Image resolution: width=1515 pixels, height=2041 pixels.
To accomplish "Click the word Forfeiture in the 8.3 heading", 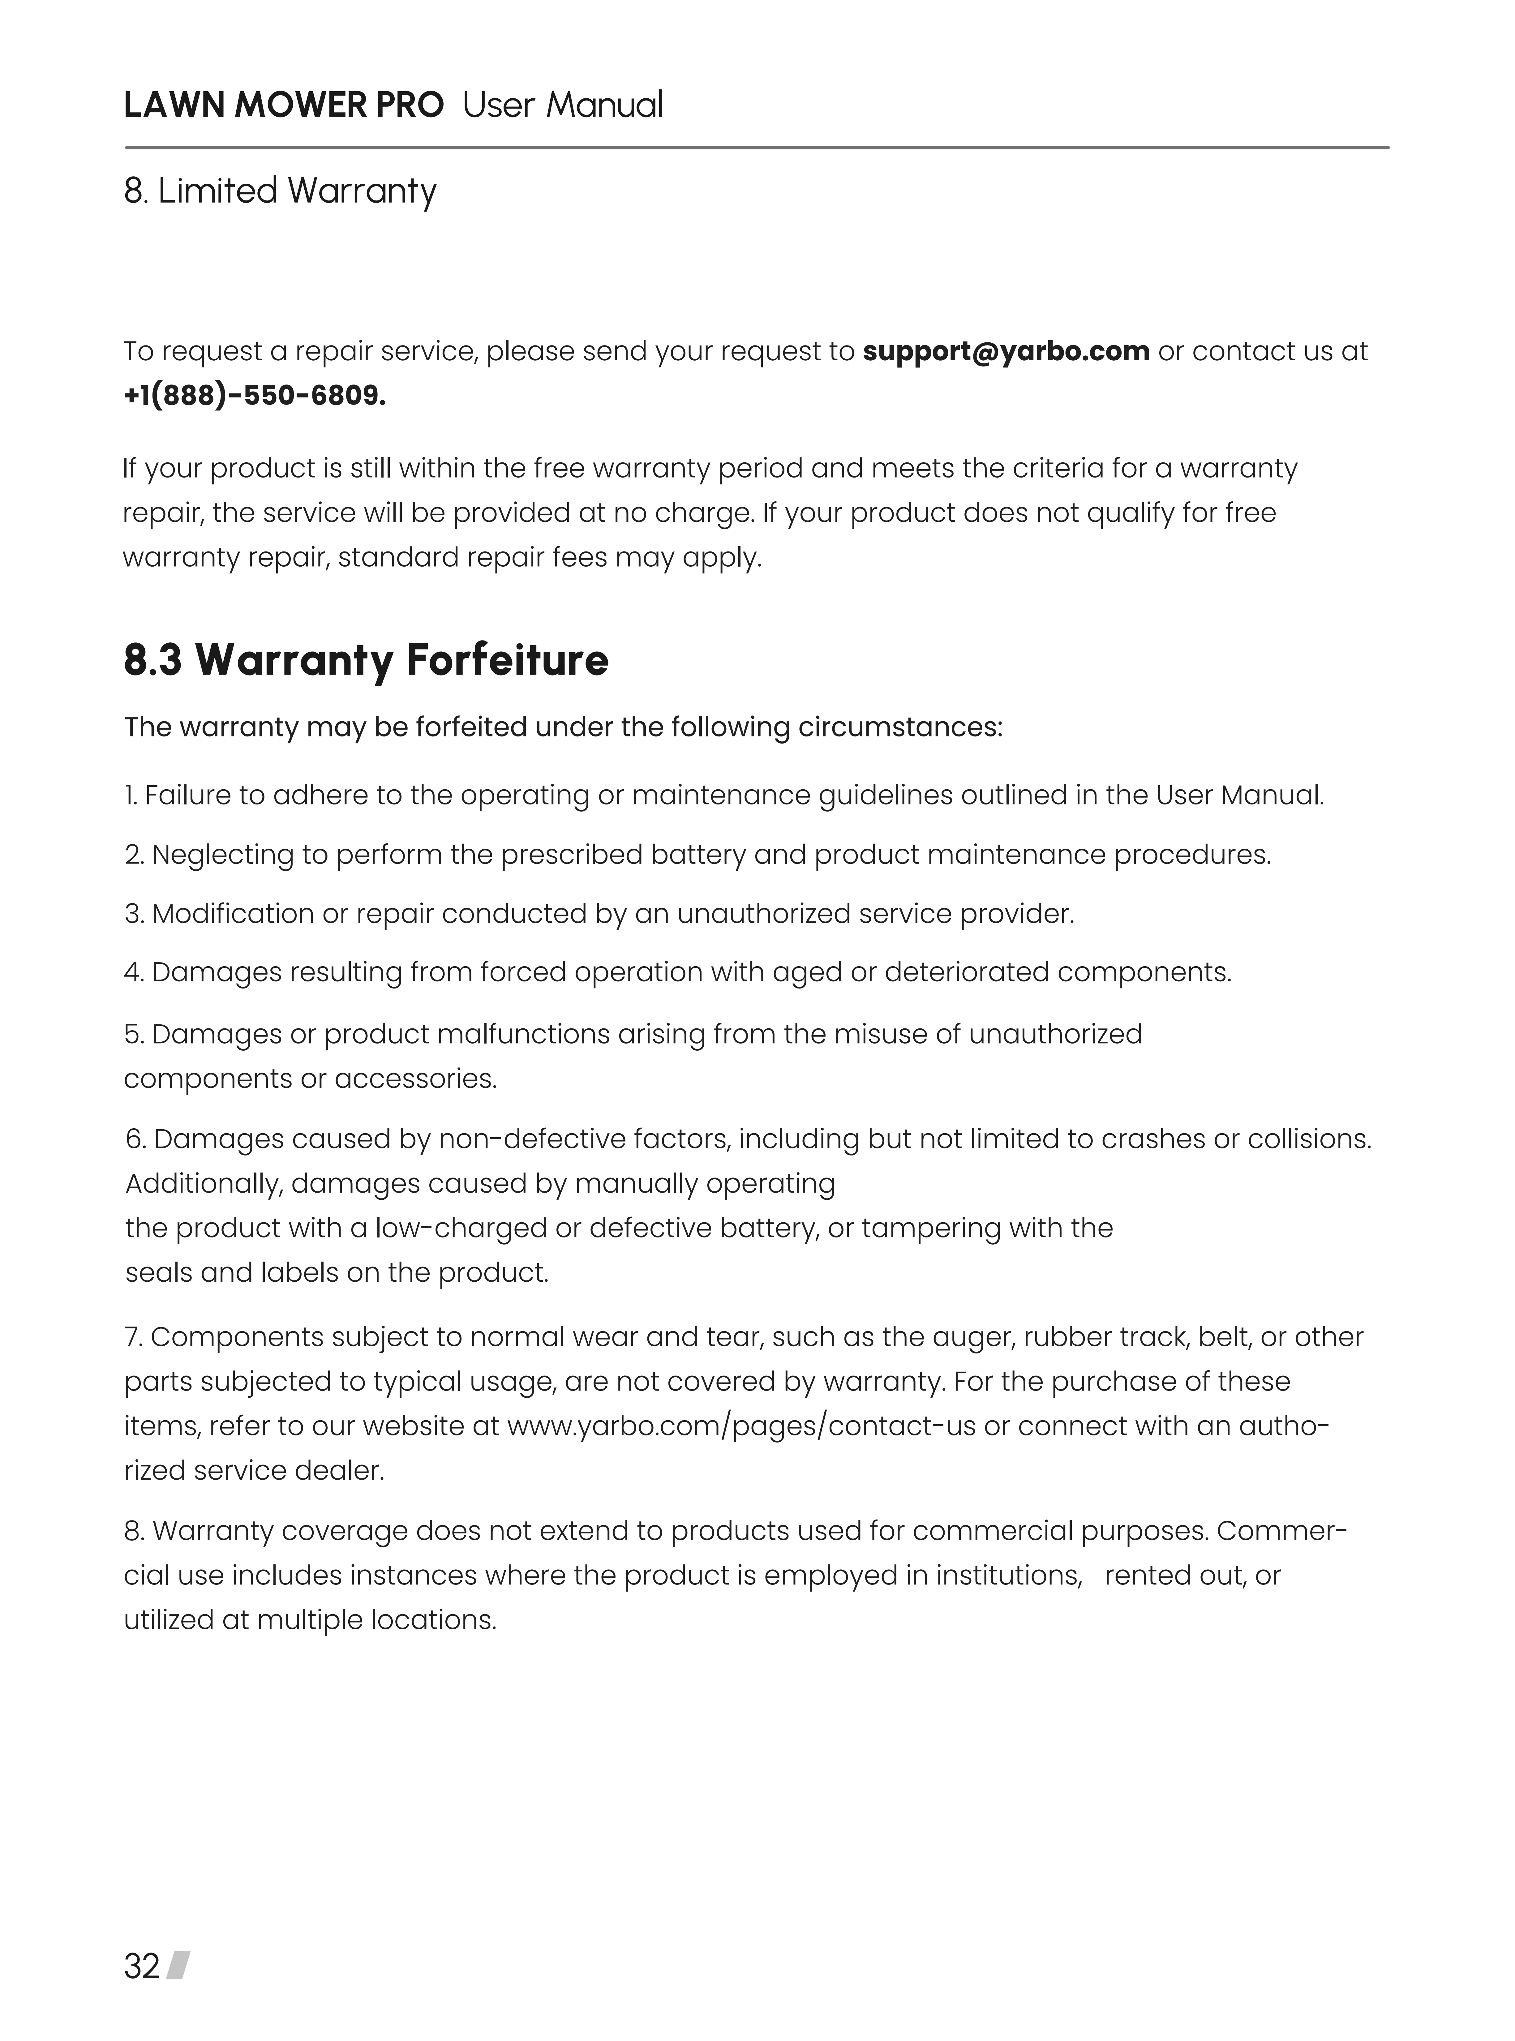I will (x=507, y=660).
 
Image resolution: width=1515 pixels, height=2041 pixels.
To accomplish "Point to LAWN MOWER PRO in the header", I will (x=283, y=105).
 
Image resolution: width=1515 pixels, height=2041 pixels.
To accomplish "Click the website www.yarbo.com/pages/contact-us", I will (x=741, y=1426).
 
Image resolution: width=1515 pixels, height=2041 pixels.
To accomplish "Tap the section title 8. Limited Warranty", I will (x=280, y=191).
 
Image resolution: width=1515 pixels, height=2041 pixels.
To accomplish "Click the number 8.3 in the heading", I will (x=153, y=660).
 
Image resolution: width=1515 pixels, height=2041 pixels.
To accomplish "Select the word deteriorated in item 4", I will (x=966, y=972).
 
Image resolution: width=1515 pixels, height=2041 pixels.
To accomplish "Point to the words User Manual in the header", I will (x=562, y=105).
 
